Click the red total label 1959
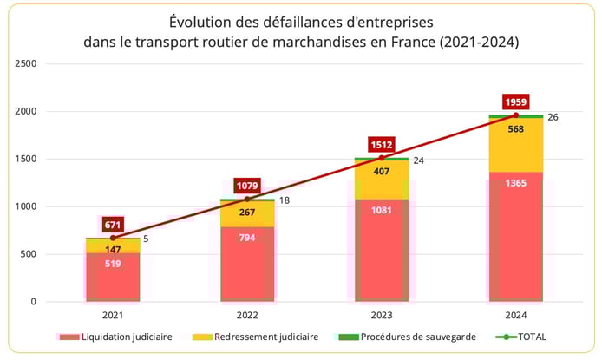pos(515,101)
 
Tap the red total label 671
pos(113,225)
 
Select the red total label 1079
pos(247,186)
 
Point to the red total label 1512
pos(381,145)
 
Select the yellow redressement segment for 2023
pos(381,180)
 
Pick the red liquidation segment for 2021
pos(113,277)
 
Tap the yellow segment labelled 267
pos(247,213)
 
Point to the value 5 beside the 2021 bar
pos(146,239)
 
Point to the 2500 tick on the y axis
pos(25,64)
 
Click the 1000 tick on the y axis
pos(25,206)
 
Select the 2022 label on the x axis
pos(247,317)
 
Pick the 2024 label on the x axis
pos(515,317)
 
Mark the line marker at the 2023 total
pos(381,158)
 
